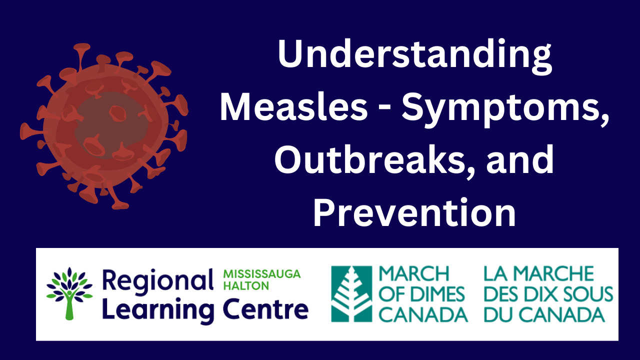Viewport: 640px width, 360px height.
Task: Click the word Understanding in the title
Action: coord(414,57)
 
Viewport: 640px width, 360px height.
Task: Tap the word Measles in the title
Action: coord(293,109)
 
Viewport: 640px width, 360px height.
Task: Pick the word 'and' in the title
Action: coord(520,159)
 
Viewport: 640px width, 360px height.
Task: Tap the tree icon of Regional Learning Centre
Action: coord(69,293)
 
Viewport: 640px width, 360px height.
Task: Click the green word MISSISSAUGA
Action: coord(262,274)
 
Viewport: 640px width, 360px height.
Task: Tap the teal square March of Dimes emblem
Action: coord(351,294)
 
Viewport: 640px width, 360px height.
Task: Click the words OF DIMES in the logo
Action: coord(421,294)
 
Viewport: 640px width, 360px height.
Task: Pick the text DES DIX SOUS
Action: coord(548,294)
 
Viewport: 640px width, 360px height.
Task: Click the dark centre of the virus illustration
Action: coord(111,125)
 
